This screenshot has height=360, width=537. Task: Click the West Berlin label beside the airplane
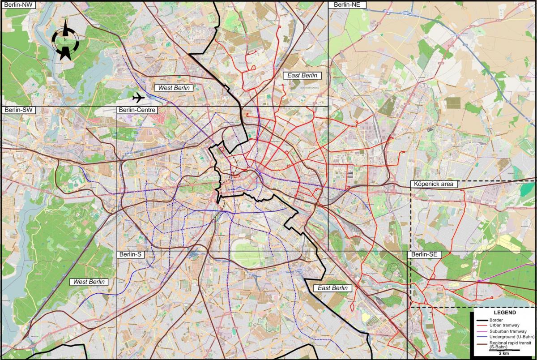(x=174, y=88)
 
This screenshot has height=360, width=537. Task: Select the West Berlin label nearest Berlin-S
(x=89, y=282)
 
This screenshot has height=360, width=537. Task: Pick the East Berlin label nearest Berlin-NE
(x=302, y=75)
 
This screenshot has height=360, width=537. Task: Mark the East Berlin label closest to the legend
(x=332, y=288)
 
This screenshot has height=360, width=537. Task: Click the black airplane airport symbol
(x=139, y=97)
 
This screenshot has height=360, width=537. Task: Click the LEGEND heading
(x=504, y=313)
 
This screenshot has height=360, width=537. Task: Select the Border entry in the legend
(x=497, y=320)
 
